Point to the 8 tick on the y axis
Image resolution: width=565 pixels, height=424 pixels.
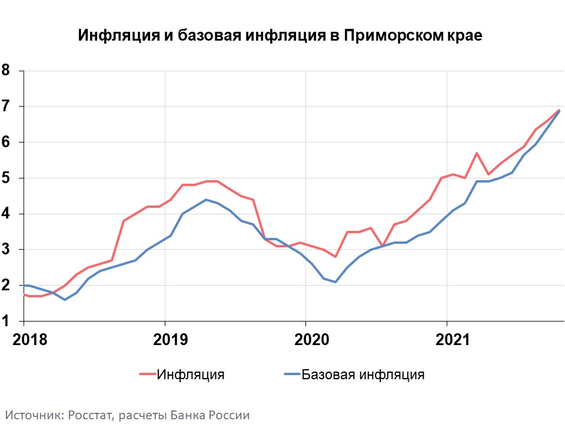click(6, 71)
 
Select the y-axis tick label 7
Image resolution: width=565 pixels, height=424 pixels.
click(6, 107)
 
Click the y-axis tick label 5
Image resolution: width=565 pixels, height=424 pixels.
click(6, 178)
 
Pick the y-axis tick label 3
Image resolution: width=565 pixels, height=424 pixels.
click(6, 250)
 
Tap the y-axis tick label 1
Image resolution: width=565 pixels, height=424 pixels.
click(6, 322)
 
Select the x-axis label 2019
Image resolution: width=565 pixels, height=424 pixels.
click(165, 340)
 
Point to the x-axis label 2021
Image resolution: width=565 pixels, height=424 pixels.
click(447, 340)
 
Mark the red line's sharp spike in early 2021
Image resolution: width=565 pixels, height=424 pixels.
click(476, 153)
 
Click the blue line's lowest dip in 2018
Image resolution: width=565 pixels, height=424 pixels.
click(65, 300)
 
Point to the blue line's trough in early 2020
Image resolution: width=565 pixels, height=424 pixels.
click(335, 282)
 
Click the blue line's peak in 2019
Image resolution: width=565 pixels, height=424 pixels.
click(206, 200)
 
